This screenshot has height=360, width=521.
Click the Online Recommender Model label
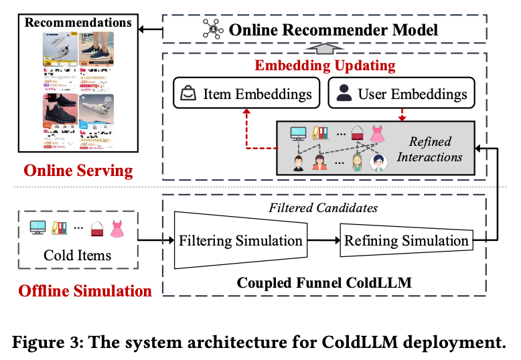coord(333,29)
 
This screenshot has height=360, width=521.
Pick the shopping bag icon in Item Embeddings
coord(189,94)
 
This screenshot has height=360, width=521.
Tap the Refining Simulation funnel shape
coord(406,240)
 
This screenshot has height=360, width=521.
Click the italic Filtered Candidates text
coord(325,207)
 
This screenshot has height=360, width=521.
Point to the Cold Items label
coord(77,255)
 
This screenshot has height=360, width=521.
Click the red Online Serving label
coord(78,171)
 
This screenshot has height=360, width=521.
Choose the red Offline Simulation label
coord(85,291)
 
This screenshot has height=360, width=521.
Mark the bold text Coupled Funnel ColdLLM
coord(324,282)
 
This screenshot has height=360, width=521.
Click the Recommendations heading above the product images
coord(70,23)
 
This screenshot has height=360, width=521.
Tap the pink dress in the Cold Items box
coord(117,229)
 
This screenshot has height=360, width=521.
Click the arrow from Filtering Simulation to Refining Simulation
coord(323,240)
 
